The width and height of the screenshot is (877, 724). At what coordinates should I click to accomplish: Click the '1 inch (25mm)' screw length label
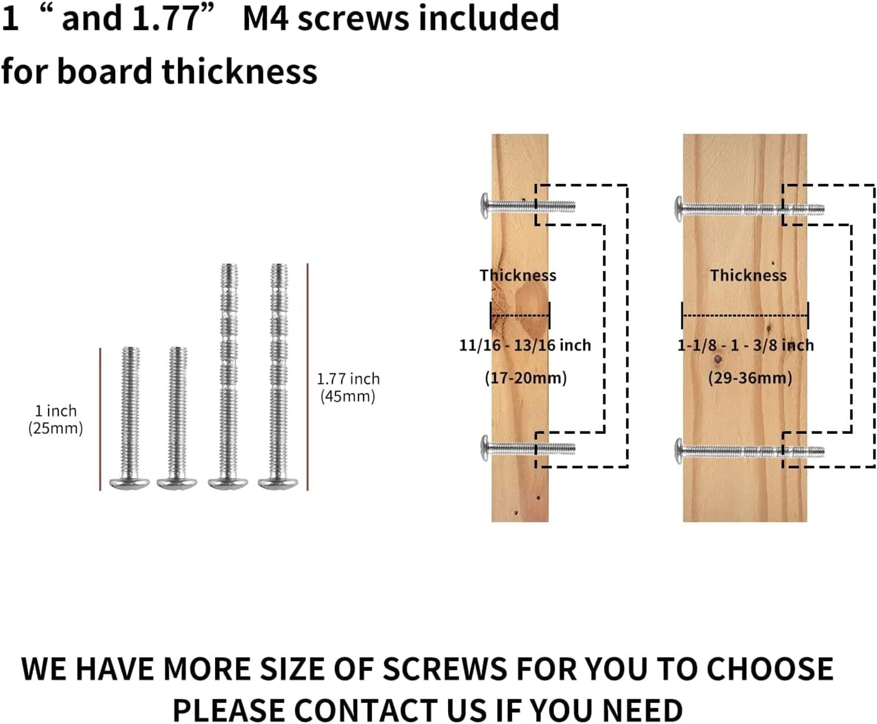[55, 420]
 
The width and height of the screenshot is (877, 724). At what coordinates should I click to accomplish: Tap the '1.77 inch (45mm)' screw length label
[348, 387]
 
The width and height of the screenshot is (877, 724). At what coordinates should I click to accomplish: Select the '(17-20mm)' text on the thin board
[526, 378]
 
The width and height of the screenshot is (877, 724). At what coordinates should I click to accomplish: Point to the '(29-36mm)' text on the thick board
[750, 378]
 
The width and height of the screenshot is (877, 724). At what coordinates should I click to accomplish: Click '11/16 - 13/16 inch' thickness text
[525, 346]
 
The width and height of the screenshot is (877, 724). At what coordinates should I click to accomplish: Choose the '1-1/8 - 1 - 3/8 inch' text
[745, 346]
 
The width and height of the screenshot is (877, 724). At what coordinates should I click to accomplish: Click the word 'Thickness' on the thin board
[518, 275]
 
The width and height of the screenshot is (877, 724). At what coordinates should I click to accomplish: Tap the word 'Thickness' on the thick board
[748, 275]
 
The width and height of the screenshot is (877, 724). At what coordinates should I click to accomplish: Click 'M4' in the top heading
[266, 19]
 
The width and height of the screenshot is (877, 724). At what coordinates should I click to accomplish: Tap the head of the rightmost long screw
[278, 483]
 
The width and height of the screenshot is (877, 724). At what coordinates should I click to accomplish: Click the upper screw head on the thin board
[485, 206]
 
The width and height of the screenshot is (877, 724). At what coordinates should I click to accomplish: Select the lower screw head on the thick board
[679, 451]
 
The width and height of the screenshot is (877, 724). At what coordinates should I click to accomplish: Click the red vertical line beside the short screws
[100, 419]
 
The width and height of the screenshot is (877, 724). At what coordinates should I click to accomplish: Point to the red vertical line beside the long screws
[307, 377]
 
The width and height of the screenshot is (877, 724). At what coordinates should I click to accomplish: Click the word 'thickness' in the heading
[240, 72]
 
